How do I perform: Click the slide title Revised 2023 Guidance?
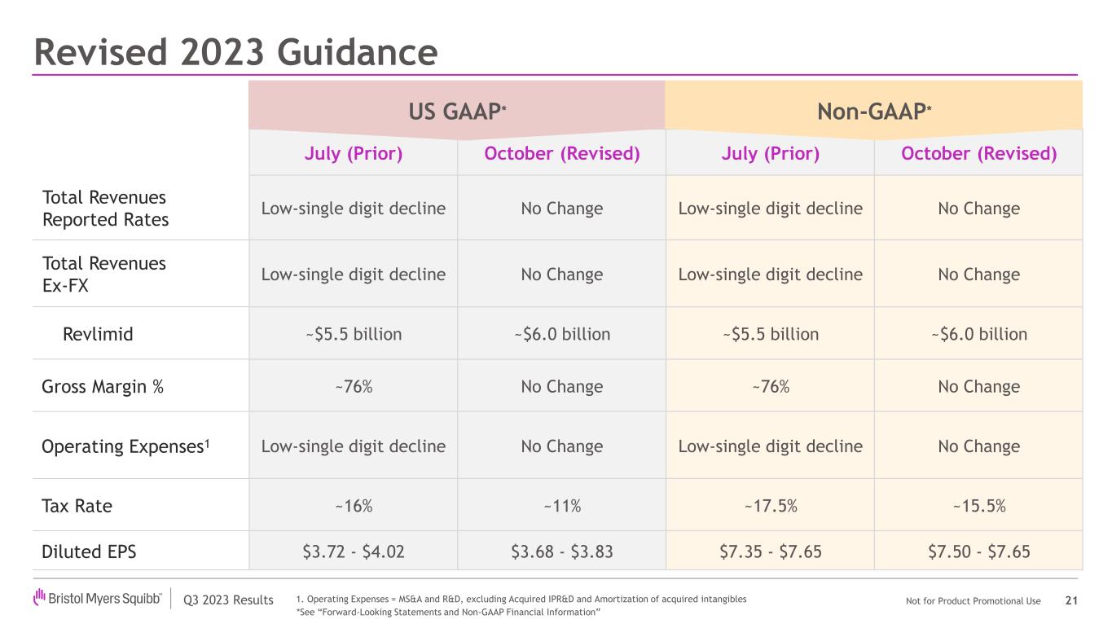point(235,52)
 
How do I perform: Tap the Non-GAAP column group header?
point(874,110)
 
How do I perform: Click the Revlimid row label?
point(98,334)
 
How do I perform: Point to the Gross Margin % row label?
point(103,387)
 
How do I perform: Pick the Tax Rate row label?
point(77,506)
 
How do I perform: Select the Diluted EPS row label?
point(89,552)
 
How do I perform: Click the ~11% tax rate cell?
point(561,506)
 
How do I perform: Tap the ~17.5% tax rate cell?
point(770,506)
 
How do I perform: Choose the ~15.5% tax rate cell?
point(978,506)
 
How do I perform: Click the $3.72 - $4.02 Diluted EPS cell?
point(354,552)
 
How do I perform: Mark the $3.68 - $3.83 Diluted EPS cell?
point(561,552)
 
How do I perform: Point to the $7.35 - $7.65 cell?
point(770,552)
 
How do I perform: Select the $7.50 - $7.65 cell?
point(978,552)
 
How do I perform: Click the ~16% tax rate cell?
point(354,506)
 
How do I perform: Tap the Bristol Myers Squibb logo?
point(98,600)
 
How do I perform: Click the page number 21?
point(1071,601)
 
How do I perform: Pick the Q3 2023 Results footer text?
point(228,601)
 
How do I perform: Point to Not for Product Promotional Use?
point(973,601)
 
